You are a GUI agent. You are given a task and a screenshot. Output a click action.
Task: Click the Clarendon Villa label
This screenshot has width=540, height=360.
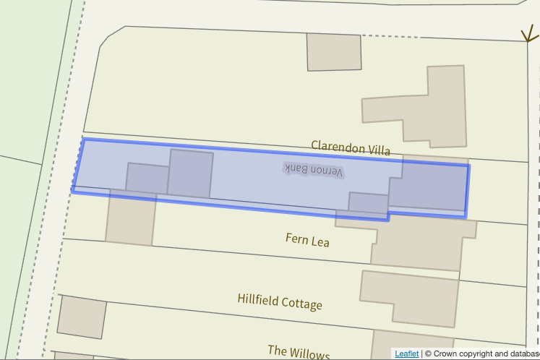coord(351,148)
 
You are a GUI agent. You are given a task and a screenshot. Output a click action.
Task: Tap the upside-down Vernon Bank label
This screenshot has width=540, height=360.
coord(314,169)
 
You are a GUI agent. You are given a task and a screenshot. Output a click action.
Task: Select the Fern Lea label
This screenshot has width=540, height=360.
coord(307,239)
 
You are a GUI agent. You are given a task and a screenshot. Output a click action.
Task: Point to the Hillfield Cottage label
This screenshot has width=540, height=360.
coord(280,301)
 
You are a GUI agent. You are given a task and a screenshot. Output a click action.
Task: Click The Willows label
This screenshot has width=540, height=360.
coord(299,352)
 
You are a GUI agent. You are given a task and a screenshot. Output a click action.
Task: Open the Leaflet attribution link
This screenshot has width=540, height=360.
coord(406,353)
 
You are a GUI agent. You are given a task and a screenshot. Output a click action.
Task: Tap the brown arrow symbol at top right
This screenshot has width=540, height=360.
coord(530,33)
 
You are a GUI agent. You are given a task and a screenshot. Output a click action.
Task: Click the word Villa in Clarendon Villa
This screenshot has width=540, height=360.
coord(379,150)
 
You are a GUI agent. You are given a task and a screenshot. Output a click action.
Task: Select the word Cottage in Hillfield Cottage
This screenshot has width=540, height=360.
coord(303,304)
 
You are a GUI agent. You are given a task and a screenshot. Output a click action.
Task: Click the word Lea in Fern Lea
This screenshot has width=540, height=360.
coord(320,241)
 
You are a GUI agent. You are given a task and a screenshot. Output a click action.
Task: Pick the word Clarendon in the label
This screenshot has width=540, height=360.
coord(338,147)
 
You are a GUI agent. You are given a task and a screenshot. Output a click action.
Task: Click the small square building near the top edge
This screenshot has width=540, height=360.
coord(334,52)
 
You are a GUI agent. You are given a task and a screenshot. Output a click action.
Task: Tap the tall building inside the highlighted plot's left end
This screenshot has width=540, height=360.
coord(191,173)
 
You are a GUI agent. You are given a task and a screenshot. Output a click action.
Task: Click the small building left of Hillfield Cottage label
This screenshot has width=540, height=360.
coord(81,317)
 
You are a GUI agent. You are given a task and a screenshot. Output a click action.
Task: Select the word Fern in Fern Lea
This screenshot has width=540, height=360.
coord(297,238)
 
